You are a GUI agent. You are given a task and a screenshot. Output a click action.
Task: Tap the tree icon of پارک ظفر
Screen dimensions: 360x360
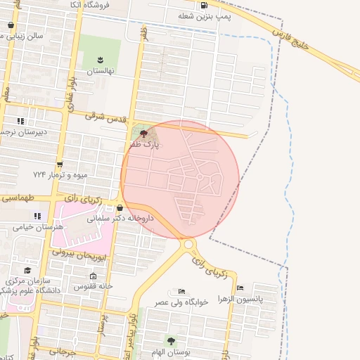pos(143,134)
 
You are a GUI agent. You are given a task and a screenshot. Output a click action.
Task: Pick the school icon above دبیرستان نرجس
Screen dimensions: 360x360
pos(20,121)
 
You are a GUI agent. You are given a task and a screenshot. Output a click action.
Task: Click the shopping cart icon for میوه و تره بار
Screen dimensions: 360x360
pos(59,164)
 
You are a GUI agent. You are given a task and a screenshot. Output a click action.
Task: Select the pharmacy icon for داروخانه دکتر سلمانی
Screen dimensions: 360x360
pos(120,208)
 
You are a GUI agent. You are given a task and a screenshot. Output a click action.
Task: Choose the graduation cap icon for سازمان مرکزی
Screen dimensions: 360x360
pos(27,271)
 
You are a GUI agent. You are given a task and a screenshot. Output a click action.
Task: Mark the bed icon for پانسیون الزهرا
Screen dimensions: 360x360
pos(240,287)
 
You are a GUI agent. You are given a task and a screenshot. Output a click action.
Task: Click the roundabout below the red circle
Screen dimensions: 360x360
pos(188,244)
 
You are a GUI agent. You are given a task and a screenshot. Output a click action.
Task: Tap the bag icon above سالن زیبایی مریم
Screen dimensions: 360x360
pos(10,25)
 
